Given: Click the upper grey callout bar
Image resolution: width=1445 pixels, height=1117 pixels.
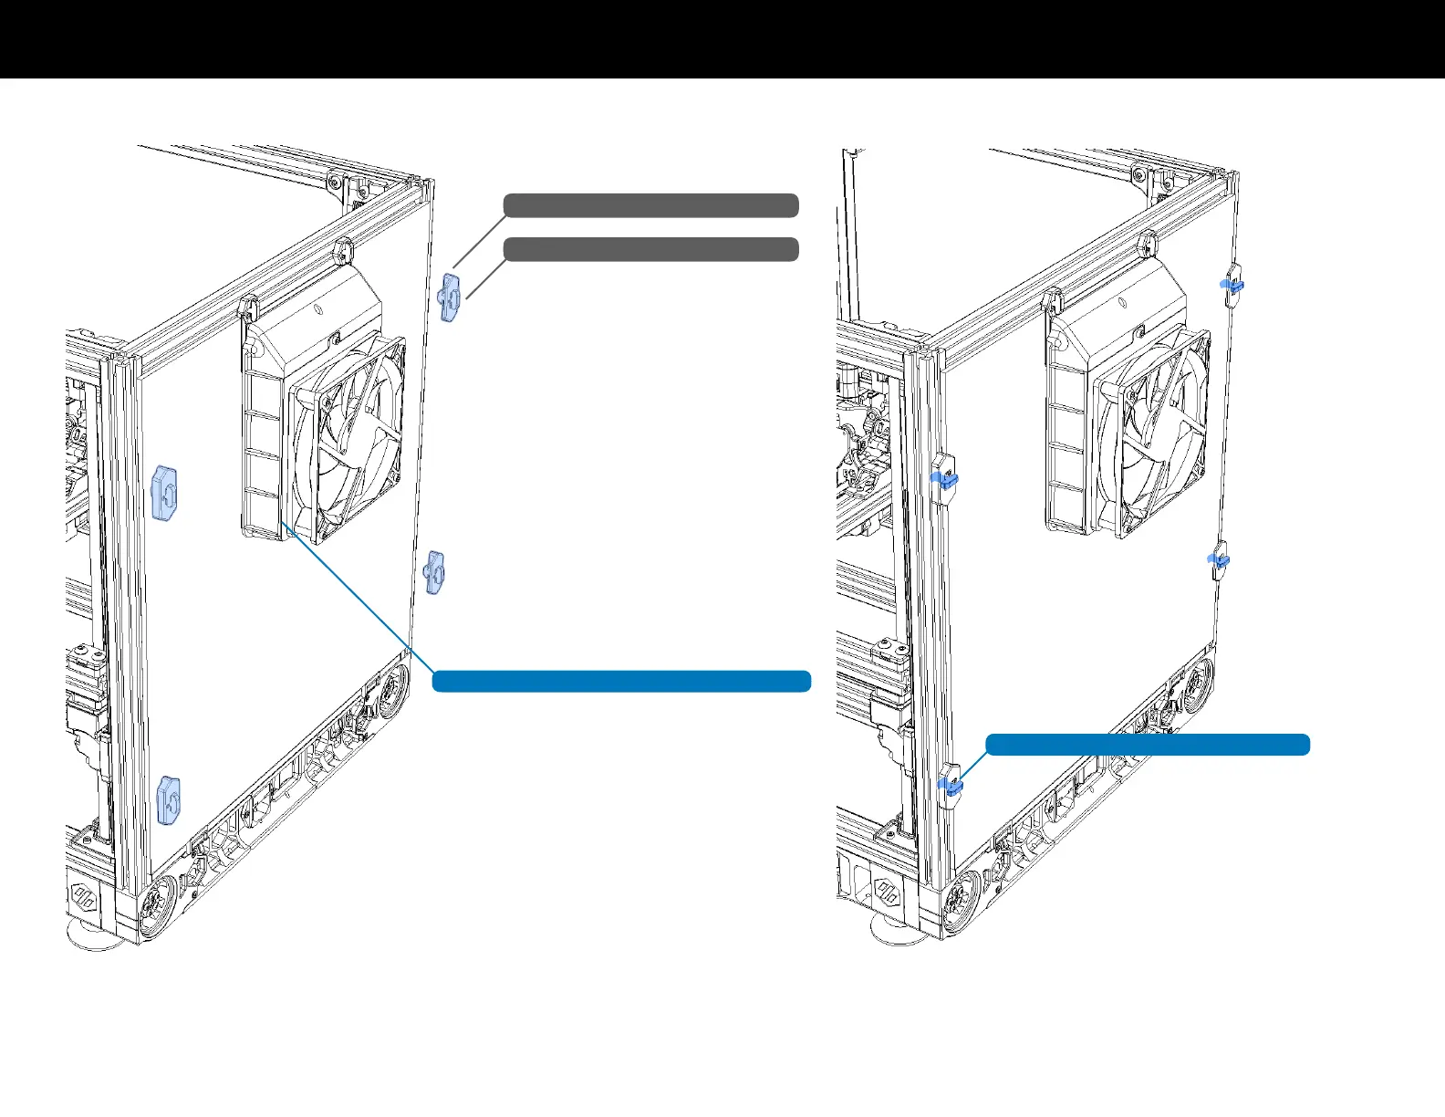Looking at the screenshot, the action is [650, 205].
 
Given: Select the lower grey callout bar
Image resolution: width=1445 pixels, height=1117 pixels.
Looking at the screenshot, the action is [650, 249].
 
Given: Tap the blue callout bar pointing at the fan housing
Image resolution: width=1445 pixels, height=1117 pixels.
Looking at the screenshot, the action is [621, 681].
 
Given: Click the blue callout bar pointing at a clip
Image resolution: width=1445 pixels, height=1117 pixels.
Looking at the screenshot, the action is [1148, 745].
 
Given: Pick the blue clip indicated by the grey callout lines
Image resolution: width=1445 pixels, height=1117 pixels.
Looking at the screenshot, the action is [449, 297].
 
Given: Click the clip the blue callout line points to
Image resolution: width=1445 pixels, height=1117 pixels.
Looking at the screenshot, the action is [950, 783].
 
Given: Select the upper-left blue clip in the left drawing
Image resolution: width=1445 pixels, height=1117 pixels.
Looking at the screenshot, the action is [165, 493].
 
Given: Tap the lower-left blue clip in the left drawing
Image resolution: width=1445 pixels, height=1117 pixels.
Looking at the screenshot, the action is [169, 800].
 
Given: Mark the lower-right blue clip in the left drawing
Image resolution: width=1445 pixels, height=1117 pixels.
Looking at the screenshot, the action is [434, 573].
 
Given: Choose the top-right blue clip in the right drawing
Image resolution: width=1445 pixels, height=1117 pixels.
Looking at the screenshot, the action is [1233, 285].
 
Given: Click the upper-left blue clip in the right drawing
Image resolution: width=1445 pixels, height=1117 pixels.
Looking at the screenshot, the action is [943, 478].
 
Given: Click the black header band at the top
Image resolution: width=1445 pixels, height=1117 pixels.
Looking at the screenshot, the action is [722, 38].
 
